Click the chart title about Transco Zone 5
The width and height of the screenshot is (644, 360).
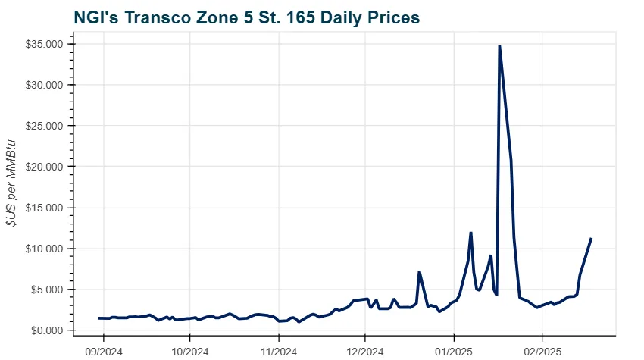(x=246, y=16)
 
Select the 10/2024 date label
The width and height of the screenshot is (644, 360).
(x=189, y=351)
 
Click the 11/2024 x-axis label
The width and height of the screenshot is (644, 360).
(x=278, y=351)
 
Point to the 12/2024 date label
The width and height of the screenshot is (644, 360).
(x=365, y=351)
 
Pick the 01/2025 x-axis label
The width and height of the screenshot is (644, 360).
(x=453, y=351)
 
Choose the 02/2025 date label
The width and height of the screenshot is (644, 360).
(x=542, y=351)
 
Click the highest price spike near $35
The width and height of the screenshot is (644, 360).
(x=499, y=46)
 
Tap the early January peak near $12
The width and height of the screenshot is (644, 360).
(x=470, y=233)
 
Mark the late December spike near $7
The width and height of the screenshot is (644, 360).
(x=419, y=271)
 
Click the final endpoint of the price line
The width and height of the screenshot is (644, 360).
(x=591, y=239)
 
